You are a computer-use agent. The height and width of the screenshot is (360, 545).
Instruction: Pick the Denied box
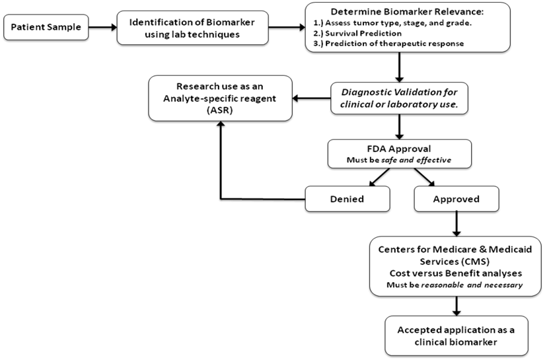point(347,198)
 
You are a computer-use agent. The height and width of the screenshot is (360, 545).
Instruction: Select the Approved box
point(456,198)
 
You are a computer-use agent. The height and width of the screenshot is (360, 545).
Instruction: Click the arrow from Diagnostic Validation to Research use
point(314,99)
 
